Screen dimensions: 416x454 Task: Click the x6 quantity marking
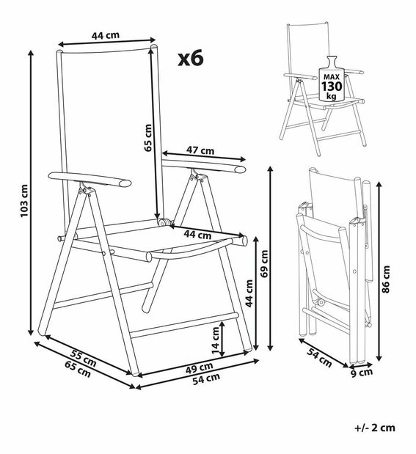[191, 58]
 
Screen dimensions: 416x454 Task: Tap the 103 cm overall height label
[24, 201]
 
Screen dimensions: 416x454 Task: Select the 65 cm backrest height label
[148, 138]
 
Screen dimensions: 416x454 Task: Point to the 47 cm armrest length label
[200, 150]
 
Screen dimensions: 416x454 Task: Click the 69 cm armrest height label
[264, 264]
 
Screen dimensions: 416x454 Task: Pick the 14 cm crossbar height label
[216, 340]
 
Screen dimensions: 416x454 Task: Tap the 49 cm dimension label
[199, 367]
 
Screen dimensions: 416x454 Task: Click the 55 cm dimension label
[84, 358]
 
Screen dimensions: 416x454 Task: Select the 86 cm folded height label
[386, 279]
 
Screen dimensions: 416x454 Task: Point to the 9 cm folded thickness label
[362, 373]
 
